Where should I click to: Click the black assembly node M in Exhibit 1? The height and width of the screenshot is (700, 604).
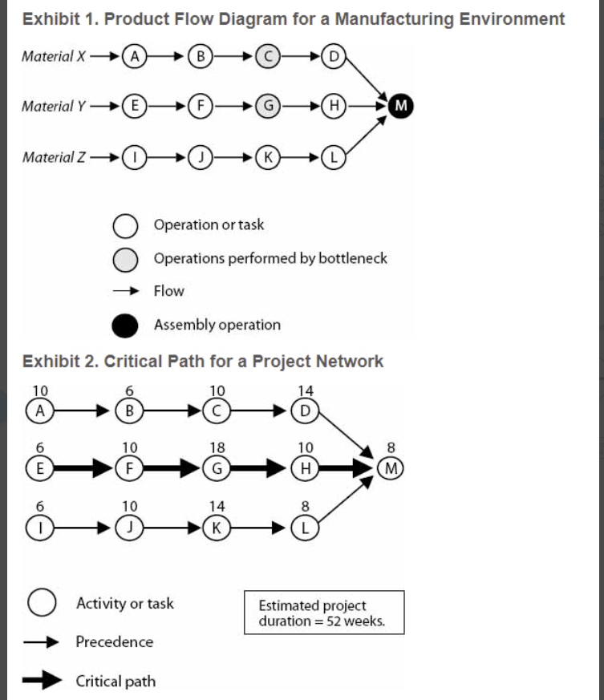401,106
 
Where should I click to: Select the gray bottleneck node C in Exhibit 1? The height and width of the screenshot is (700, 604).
268,56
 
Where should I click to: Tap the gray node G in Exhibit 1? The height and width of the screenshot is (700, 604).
268,107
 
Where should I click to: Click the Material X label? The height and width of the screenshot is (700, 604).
54,56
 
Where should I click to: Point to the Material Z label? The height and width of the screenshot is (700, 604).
54,157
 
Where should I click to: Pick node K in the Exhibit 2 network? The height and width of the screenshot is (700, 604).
217,528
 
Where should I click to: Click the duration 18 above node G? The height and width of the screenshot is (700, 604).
217,447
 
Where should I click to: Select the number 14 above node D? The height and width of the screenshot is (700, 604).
306,390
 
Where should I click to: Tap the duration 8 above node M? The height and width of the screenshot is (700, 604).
391,447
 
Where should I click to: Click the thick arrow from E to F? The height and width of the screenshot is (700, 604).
83,468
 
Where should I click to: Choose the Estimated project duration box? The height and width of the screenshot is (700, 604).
324,613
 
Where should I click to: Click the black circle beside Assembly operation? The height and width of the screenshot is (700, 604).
125,326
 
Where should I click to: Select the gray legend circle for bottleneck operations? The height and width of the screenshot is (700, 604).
125,259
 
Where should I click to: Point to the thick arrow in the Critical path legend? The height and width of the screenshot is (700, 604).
42,680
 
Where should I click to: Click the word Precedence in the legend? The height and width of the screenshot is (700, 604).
115,642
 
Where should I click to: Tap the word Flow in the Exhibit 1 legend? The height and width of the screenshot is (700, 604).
169,291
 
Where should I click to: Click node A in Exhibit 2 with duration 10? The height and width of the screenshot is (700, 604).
40,411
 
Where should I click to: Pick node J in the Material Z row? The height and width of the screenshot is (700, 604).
201,158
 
